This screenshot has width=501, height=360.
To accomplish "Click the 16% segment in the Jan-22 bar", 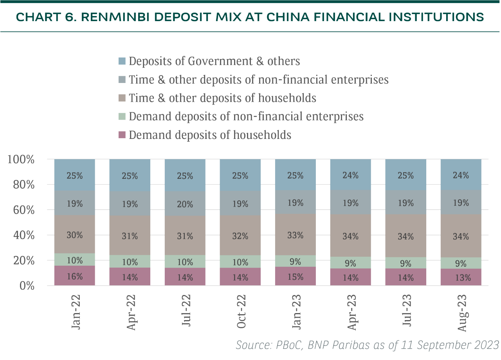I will click(74, 276).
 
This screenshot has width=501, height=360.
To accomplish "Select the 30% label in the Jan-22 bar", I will click(74, 235).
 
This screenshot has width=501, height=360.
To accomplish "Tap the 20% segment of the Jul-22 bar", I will click(185, 204).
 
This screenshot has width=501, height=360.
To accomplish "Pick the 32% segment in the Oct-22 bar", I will click(240, 236).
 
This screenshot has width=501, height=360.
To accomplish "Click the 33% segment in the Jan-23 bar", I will click(296, 235).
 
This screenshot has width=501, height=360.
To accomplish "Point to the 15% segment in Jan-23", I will click(296, 276).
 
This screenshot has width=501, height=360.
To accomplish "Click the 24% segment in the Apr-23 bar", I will click(351, 175).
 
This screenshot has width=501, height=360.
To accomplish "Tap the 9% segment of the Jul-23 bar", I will click(406, 263).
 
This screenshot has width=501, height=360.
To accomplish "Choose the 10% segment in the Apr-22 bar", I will click(130, 261).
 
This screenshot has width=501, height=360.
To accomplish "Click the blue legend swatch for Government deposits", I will click(122, 61).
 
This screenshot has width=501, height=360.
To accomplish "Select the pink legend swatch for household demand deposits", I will click(122, 135).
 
